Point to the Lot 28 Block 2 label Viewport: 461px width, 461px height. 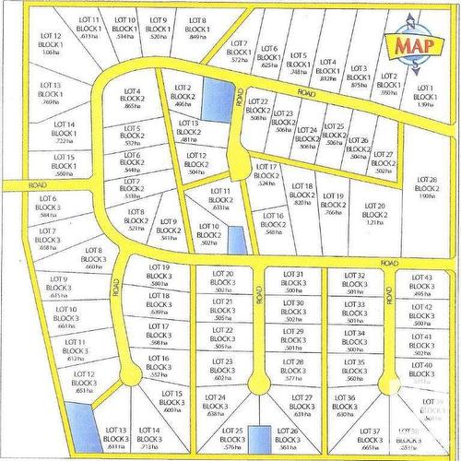tap(427, 187)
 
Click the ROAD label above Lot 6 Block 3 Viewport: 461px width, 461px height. tap(38, 185)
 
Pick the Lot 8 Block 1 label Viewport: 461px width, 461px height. tap(197, 28)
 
